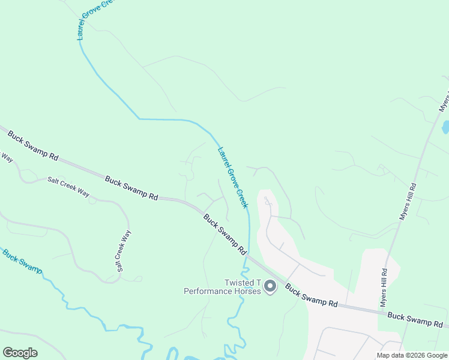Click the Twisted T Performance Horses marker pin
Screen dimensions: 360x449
pyautogui.click(x=270, y=287)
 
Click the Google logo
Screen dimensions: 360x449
pyautogui.click(x=20, y=353)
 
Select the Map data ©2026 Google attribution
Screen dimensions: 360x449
pyautogui.click(x=412, y=355)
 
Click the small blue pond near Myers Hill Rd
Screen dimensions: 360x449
pyautogui.click(x=445, y=127)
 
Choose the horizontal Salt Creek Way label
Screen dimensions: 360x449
pyautogui.click(x=68, y=187)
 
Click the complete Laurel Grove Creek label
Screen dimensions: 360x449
pyautogui.click(x=233, y=178)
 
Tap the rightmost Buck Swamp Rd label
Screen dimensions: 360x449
pyautogui.click(x=415, y=319)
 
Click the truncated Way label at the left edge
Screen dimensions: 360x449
pyautogui.click(x=6, y=157)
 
